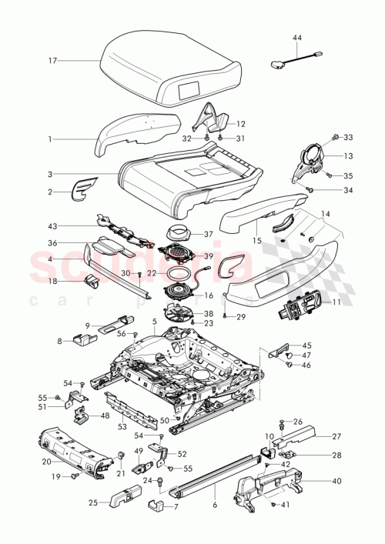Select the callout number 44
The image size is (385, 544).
[298, 38]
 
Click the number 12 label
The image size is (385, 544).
[240, 123]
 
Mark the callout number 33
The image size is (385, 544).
[347, 138]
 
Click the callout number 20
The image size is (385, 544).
[45, 462]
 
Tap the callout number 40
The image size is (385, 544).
[336, 482]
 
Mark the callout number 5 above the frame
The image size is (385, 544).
[154, 321]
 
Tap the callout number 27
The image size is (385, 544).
[336, 436]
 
